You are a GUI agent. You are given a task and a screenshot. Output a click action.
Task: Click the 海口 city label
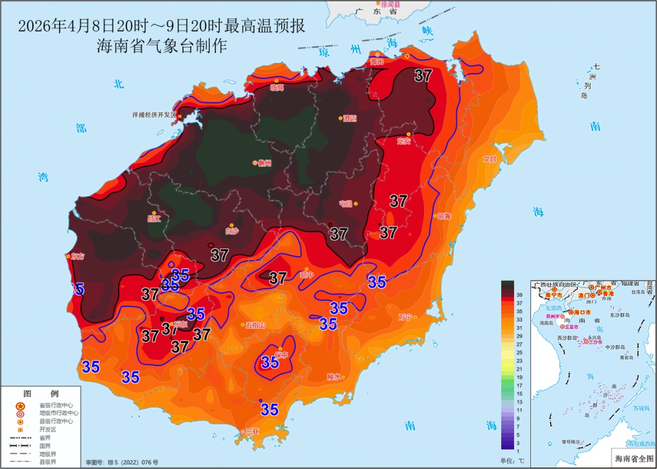point(377,62)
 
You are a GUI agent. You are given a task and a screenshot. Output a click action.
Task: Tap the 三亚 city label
point(252,431)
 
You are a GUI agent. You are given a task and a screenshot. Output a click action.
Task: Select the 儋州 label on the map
point(264,163)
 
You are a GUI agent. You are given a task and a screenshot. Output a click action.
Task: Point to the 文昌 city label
point(490,159)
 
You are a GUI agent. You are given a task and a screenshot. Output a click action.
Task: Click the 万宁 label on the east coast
point(405,317)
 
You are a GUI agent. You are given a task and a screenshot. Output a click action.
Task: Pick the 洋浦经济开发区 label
point(154,115)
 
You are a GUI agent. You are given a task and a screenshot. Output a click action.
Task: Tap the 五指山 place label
point(255,325)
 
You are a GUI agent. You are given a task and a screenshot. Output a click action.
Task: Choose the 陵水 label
point(333,376)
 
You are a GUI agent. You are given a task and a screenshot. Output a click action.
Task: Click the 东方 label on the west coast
point(78,256)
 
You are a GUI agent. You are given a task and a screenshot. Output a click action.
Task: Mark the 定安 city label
point(404,141)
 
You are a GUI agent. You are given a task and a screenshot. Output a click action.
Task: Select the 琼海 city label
point(443,216)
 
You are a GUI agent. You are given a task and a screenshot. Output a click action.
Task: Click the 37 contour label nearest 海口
point(423,76)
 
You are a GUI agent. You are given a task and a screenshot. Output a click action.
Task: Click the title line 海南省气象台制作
point(162,46)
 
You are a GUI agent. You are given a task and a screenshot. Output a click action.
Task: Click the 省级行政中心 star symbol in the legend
point(20,406)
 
